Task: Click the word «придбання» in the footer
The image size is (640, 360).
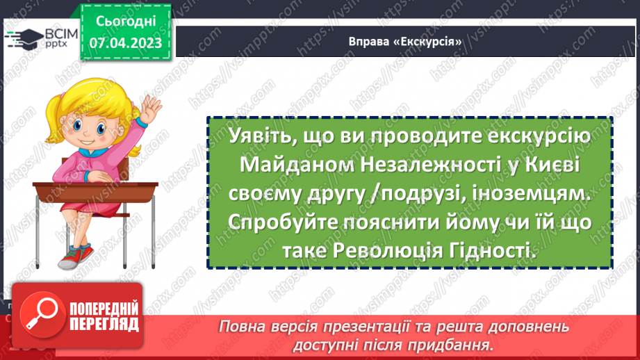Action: pos(449,344)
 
